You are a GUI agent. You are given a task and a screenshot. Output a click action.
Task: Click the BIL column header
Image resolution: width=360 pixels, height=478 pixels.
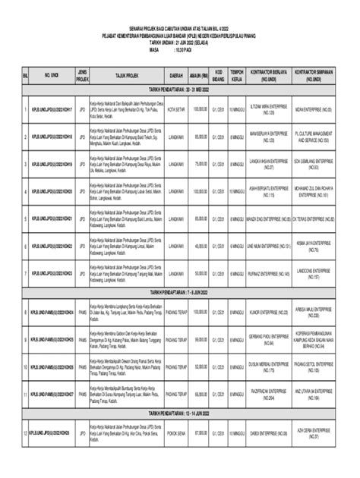click(24, 76)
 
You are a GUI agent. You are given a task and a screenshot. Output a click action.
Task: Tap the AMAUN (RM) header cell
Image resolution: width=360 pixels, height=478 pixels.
click(200, 76)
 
